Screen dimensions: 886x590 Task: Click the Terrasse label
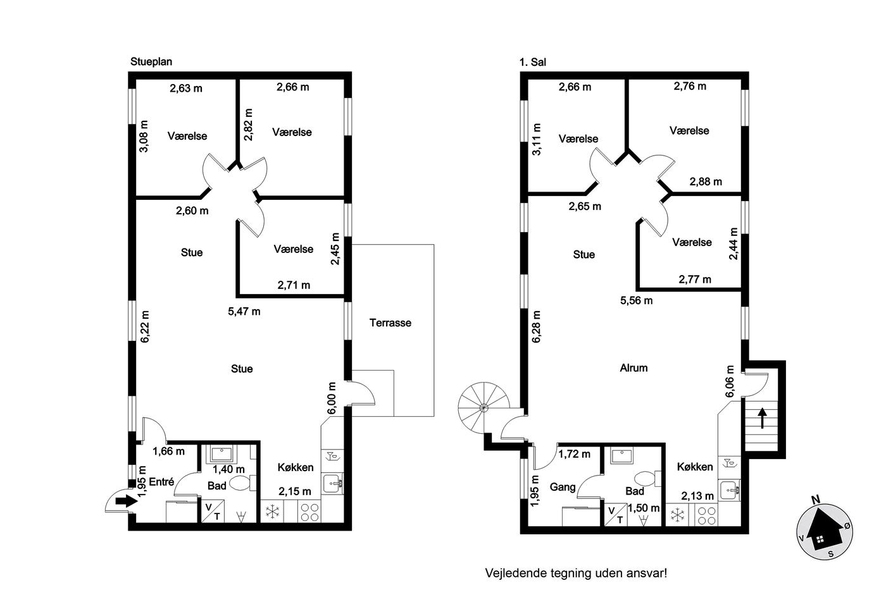tap(390, 323)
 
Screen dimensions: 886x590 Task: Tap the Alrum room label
tap(633, 368)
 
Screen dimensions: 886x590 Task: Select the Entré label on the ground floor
tap(162, 482)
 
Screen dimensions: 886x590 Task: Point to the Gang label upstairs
tap(563, 488)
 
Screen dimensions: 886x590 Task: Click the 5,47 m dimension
tap(244, 311)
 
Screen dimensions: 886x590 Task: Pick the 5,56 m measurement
tap(636, 301)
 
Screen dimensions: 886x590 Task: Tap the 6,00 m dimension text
tap(332, 398)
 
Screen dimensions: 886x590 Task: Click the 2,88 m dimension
tap(706, 181)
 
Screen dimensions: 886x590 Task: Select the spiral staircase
tap(484, 408)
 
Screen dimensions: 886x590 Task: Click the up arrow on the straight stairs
tap(762, 418)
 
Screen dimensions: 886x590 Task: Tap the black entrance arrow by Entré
tap(126, 501)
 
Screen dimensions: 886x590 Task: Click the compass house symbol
tap(825, 532)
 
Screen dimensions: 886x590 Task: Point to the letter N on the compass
tap(815, 500)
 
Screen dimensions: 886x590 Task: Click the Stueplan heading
tap(151, 61)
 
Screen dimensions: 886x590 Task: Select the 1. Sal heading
tap(532, 62)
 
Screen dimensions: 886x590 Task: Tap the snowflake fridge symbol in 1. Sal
tap(678, 515)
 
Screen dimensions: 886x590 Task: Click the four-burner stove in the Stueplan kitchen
tap(309, 512)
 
